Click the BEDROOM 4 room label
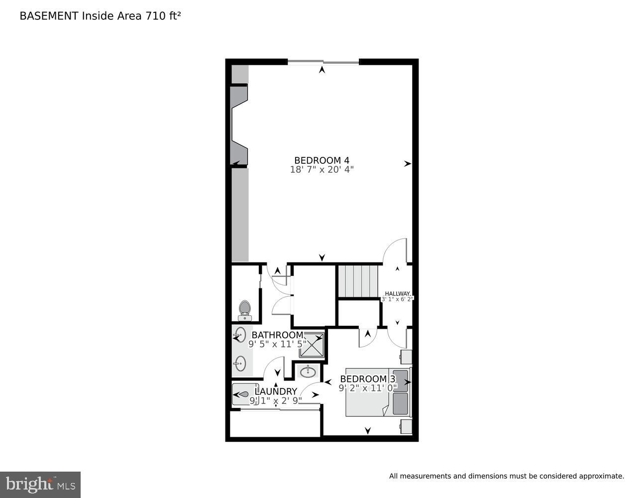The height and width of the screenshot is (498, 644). pyautogui.click(x=322, y=160)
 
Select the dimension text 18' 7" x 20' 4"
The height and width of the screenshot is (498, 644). pyautogui.click(x=322, y=170)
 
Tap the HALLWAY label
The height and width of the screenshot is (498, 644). pyautogui.click(x=397, y=293)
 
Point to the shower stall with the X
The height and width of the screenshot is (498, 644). pyautogui.click(x=312, y=345)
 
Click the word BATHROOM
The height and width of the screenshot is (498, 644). pyautogui.click(x=277, y=335)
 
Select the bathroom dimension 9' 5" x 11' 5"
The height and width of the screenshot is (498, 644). pyautogui.click(x=277, y=344)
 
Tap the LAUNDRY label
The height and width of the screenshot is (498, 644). pyautogui.click(x=276, y=391)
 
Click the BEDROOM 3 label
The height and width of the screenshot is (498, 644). pyautogui.click(x=367, y=379)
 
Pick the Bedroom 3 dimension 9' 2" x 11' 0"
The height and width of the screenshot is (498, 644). pyautogui.click(x=368, y=387)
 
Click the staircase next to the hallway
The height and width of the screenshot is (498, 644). pyautogui.click(x=358, y=281)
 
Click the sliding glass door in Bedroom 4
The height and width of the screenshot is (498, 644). pyautogui.click(x=323, y=62)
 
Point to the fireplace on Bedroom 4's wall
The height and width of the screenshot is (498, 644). pyautogui.click(x=239, y=124)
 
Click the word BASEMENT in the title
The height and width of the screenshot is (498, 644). pyautogui.click(x=49, y=16)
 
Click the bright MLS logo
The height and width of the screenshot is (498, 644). pyautogui.click(x=40, y=485)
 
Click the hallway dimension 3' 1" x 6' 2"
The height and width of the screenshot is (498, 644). pyautogui.click(x=397, y=299)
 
